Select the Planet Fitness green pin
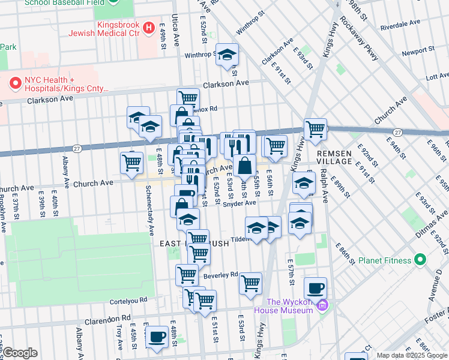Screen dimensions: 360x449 coord(419,260)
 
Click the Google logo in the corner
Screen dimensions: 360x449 coord(20,353)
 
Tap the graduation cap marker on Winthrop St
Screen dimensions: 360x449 coord(226,56)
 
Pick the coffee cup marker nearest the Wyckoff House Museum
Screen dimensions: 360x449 coord(315,289)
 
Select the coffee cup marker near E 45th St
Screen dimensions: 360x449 coord(157,337)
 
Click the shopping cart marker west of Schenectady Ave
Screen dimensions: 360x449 coord(131,161)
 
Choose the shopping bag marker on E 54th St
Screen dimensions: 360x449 coord(244,165)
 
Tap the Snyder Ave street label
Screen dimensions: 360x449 coord(239,203)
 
